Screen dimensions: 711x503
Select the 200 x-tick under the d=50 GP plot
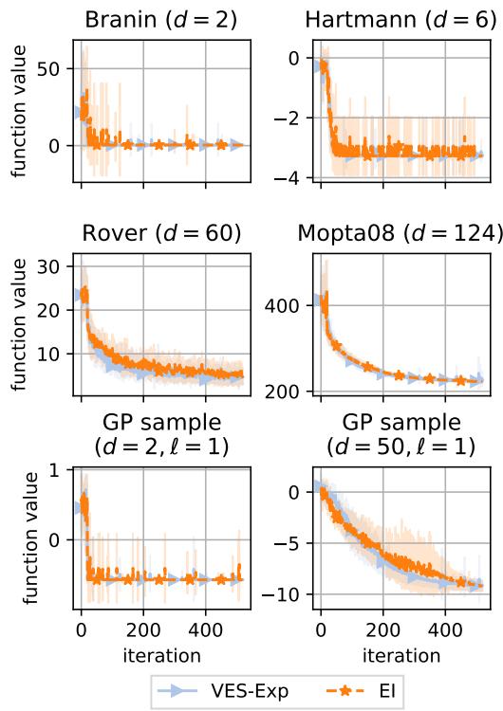coord(382,629)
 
